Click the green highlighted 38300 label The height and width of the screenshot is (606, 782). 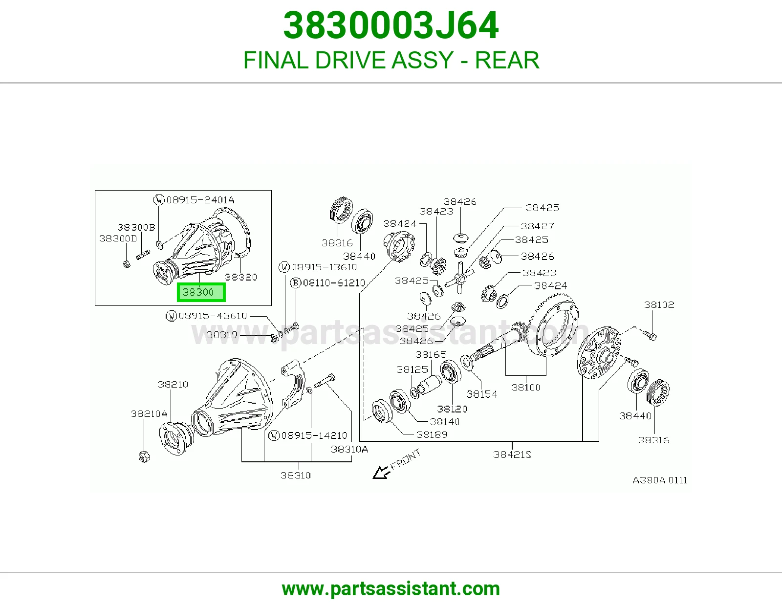click(201, 292)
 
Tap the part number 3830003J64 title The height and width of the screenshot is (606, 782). click(391, 25)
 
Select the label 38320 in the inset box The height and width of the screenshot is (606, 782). click(241, 277)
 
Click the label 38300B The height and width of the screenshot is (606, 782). click(136, 227)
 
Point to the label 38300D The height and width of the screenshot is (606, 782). click(118, 238)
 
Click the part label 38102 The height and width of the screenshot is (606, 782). click(659, 305)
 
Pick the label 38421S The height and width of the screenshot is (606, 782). click(512, 454)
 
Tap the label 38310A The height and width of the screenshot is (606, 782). click(349, 449)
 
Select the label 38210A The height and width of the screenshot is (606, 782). click(149, 414)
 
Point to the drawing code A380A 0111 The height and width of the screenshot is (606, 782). click(660, 480)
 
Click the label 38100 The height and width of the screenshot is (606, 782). click(526, 388)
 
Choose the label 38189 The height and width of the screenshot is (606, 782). click(432, 435)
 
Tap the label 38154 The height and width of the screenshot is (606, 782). click(482, 394)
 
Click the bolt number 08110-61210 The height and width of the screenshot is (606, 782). click(334, 283)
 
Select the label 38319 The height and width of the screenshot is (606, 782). click(222, 335)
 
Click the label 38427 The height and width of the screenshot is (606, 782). click(538, 226)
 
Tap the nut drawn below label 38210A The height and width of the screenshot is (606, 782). click(144, 456)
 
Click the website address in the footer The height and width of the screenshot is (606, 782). click(391, 589)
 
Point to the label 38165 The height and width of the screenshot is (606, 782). click(431, 354)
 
